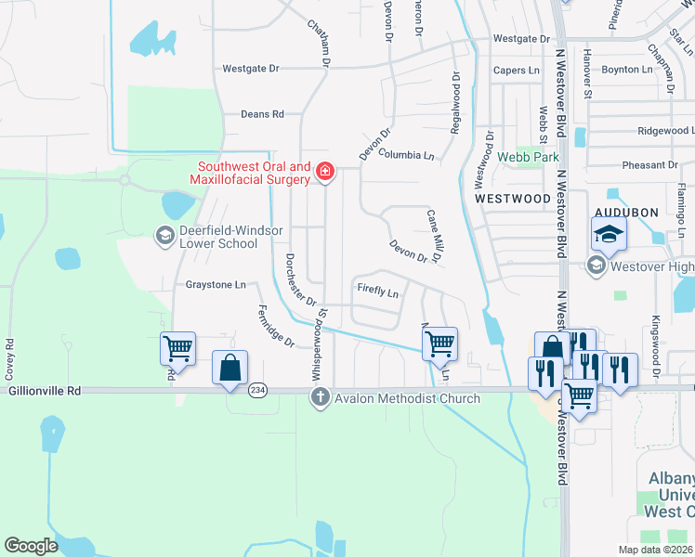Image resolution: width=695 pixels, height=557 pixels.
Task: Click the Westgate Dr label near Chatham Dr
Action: [x=251, y=69]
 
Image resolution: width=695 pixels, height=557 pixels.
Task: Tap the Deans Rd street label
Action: [x=262, y=114]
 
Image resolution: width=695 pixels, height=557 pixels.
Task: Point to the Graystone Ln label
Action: [x=216, y=284]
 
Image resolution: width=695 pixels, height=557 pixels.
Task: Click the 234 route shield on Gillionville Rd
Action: [x=257, y=391]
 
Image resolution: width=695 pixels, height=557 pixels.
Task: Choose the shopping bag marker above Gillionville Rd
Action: [x=229, y=367]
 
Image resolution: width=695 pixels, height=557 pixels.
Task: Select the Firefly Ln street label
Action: [x=378, y=291]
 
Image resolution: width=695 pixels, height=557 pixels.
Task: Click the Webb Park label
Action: [x=527, y=157]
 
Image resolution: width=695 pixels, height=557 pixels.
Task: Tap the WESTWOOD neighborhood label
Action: [x=513, y=199]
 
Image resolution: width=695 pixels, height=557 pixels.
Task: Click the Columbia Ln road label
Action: [x=406, y=155]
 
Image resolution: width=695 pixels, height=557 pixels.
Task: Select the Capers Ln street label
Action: [x=516, y=70]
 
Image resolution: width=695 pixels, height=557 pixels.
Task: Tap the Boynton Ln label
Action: [x=627, y=70]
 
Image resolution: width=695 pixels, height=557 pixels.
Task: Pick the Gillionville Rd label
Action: [x=45, y=392]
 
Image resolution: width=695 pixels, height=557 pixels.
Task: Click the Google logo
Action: [x=32, y=546]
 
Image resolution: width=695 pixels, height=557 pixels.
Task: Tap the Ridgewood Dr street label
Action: [x=657, y=131]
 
